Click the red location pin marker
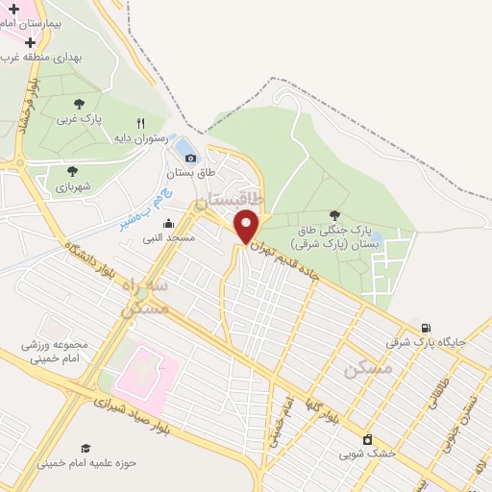pyautogui.click(x=247, y=226)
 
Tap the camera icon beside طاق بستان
pyautogui.click(x=190, y=158)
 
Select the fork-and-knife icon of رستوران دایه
pyautogui.click(x=140, y=123)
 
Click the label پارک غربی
pyautogui.click(x=78, y=119)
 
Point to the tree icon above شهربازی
pyautogui.click(x=72, y=171)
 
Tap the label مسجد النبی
pyautogui.click(x=169, y=236)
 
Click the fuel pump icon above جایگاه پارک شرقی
pyautogui.click(x=426, y=327)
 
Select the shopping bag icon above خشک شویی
pyautogui.click(x=366, y=438)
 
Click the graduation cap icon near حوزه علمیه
pyautogui.click(x=86, y=448)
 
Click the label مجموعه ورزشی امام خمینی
pyautogui.click(x=55, y=352)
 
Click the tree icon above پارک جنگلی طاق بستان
pyautogui.click(x=334, y=215)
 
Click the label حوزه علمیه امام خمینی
pyautogui.click(x=87, y=462)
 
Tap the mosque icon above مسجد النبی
pyautogui.click(x=169, y=223)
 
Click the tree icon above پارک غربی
pyautogui.click(x=78, y=104)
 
